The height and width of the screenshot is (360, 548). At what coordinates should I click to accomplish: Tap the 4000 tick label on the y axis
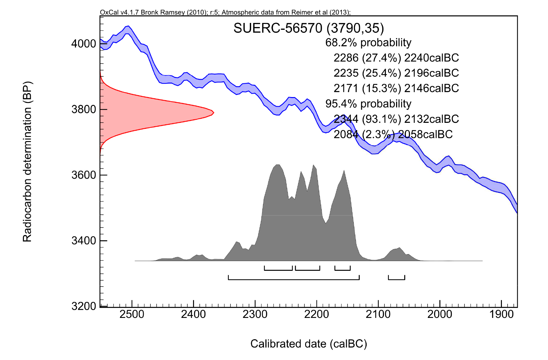pyautogui.click(x=83, y=44)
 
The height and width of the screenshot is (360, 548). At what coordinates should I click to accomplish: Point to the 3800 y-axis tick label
pyautogui.click(x=83, y=110)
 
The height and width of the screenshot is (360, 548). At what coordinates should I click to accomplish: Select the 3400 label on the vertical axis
pyautogui.click(x=83, y=241)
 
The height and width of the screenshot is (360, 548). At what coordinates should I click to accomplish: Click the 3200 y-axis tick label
pyautogui.click(x=83, y=306)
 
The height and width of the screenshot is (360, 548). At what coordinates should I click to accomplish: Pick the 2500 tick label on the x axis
pyautogui.click(x=132, y=314)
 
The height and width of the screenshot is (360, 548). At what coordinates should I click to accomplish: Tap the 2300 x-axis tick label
pyautogui.click(x=255, y=314)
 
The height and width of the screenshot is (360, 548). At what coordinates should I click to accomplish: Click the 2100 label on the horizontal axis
pyautogui.click(x=378, y=314)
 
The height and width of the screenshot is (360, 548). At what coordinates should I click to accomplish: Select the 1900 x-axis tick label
pyautogui.click(x=501, y=314)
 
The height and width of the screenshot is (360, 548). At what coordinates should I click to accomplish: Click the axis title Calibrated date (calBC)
pyautogui.click(x=309, y=344)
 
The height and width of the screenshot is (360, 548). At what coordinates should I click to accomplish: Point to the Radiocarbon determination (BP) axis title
pyautogui.click(x=27, y=162)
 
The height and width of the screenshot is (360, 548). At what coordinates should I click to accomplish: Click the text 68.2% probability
pyautogui.click(x=368, y=42)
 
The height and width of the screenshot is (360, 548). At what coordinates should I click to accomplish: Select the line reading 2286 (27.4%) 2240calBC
pyautogui.click(x=396, y=58)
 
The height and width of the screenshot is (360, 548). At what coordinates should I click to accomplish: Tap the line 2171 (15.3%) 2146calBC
pyautogui.click(x=396, y=88)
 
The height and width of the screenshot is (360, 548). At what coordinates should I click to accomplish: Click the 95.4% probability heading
pyautogui.click(x=368, y=104)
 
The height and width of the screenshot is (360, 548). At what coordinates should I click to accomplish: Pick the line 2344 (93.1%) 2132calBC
pyautogui.click(x=396, y=119)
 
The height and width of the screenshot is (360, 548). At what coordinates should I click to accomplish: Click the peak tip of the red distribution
pyautogui.click(x=213, y=112)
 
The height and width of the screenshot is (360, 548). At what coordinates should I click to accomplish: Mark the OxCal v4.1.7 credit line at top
pyautogui.click(x=225, y=13)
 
